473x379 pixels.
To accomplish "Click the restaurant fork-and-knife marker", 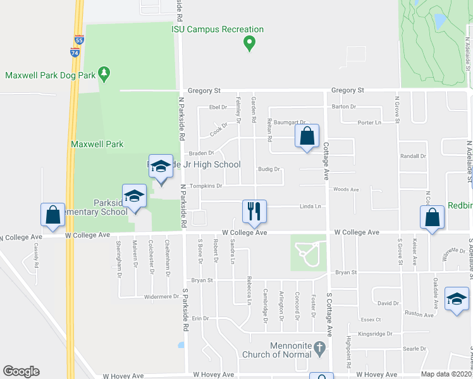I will click(x=255, y=212).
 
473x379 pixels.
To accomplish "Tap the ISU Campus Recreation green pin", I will click(x=249, y=44).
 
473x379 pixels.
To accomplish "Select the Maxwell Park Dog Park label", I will click(x=51, y=75).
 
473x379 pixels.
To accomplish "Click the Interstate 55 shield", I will click(x=78, y=40).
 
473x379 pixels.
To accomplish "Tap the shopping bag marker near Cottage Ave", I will click(x=307, y=136).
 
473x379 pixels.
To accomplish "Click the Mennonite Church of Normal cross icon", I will click(x=321, y=347).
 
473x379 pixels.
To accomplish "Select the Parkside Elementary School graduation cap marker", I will click(x=134, y=196).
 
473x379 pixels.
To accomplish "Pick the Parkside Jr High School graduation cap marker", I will click(x=161, y=166).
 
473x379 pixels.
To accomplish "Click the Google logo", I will click(x=21, y=371).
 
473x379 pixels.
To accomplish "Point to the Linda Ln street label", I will click(x=310, y=207).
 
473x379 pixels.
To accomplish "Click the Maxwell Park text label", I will click(x=97, y=144).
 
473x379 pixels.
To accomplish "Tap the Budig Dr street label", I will click(x=269, y=169).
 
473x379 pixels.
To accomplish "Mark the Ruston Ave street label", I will click(x=419, y=314).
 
